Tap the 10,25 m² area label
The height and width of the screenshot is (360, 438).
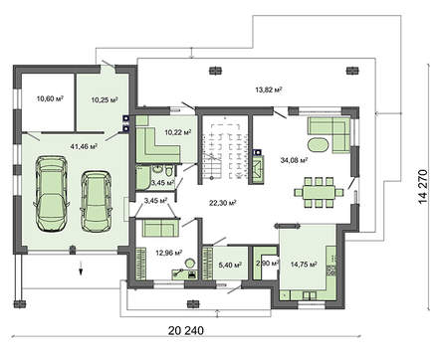104,99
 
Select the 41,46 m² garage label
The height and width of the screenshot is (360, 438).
85,146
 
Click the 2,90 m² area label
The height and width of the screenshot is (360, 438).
266,263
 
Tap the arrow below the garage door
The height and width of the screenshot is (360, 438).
75,269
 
